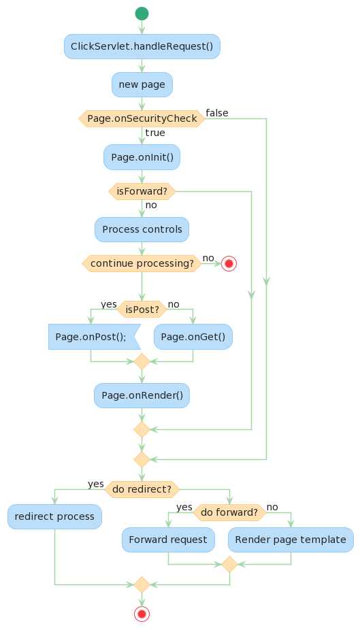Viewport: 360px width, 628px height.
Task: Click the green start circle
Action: pos(142,13)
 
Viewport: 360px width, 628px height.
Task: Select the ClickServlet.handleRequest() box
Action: pos(142,46)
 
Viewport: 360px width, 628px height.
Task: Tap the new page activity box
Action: pos(142,84)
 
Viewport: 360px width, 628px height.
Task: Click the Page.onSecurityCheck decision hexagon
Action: pos(142,118)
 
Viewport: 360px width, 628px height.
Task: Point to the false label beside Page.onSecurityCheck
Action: pos(217,113)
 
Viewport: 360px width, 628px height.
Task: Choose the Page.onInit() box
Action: pos(142,157)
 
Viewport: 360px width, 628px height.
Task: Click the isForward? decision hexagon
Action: pos(142,191)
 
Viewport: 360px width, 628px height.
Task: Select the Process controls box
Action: pos(142,229)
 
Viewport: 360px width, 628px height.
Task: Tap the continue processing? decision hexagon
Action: pos(142,263)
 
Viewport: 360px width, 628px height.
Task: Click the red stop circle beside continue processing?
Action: pos(229,263)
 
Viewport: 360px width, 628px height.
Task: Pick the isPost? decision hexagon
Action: pos(142,310)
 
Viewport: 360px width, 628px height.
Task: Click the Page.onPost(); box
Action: pos(93,337)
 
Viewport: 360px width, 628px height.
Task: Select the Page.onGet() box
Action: pos(193,337)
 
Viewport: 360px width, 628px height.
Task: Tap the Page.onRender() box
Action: pos(142,395)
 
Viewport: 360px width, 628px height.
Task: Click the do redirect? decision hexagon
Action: pos(142,489)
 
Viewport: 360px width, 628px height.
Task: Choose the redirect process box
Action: pos(54,516)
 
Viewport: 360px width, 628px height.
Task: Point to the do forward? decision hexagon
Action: pos(229,512)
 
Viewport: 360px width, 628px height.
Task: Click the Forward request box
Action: pos(168,540)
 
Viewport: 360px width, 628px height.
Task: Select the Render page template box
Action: pos(291,540)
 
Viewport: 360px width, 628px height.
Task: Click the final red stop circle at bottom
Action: pos(142,613)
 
